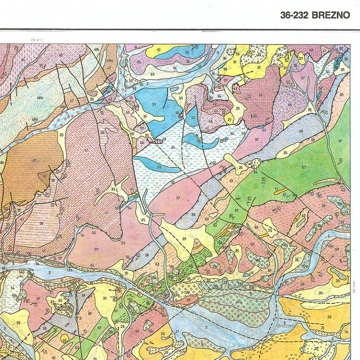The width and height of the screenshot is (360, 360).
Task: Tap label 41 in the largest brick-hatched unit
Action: (x=86, y=150)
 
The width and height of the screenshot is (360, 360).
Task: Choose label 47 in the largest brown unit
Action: (x=34, y=160)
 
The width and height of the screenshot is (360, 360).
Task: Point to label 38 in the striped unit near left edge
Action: (x=41, y=224)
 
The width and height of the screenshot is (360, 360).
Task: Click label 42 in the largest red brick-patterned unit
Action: (x=260, y=95)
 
